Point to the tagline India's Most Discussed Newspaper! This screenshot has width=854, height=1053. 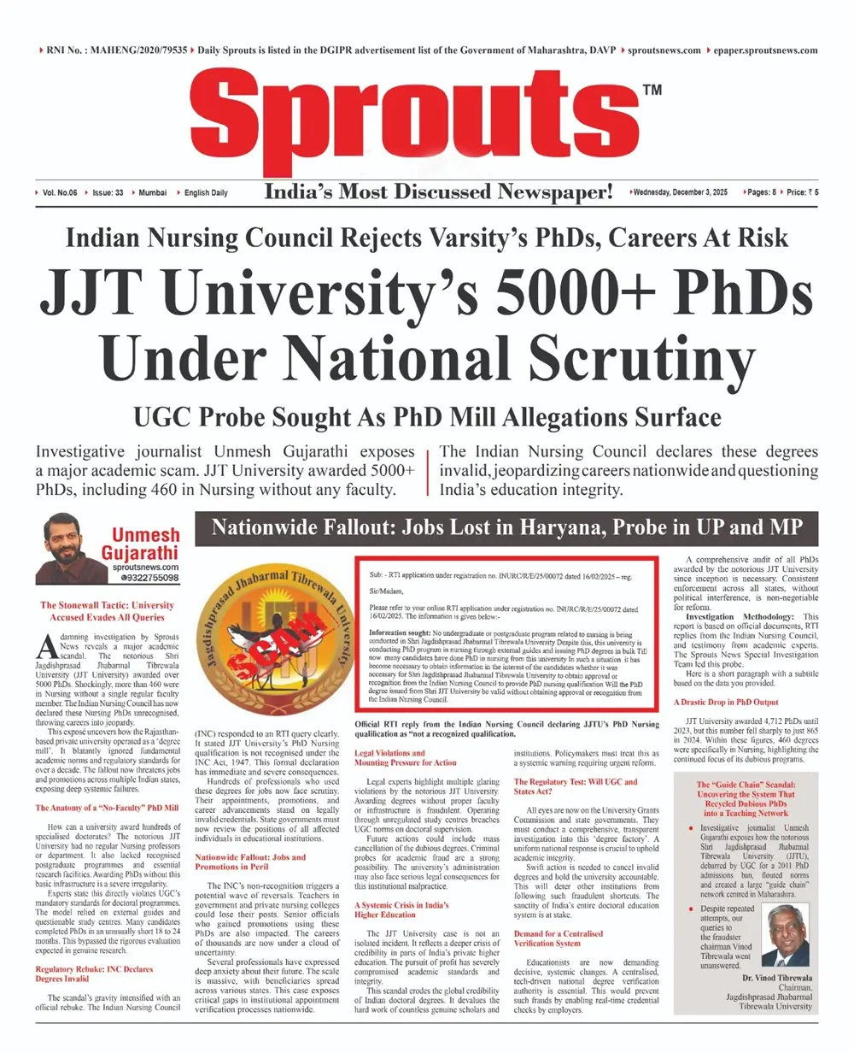[439, 193]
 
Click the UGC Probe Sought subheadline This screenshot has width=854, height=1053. [427, 418]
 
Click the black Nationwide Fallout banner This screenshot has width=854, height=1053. [506, 527]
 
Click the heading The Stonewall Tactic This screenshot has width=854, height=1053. [108, 610]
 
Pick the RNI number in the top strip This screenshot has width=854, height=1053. [113, 50]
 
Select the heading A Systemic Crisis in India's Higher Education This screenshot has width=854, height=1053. [401, 909]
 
